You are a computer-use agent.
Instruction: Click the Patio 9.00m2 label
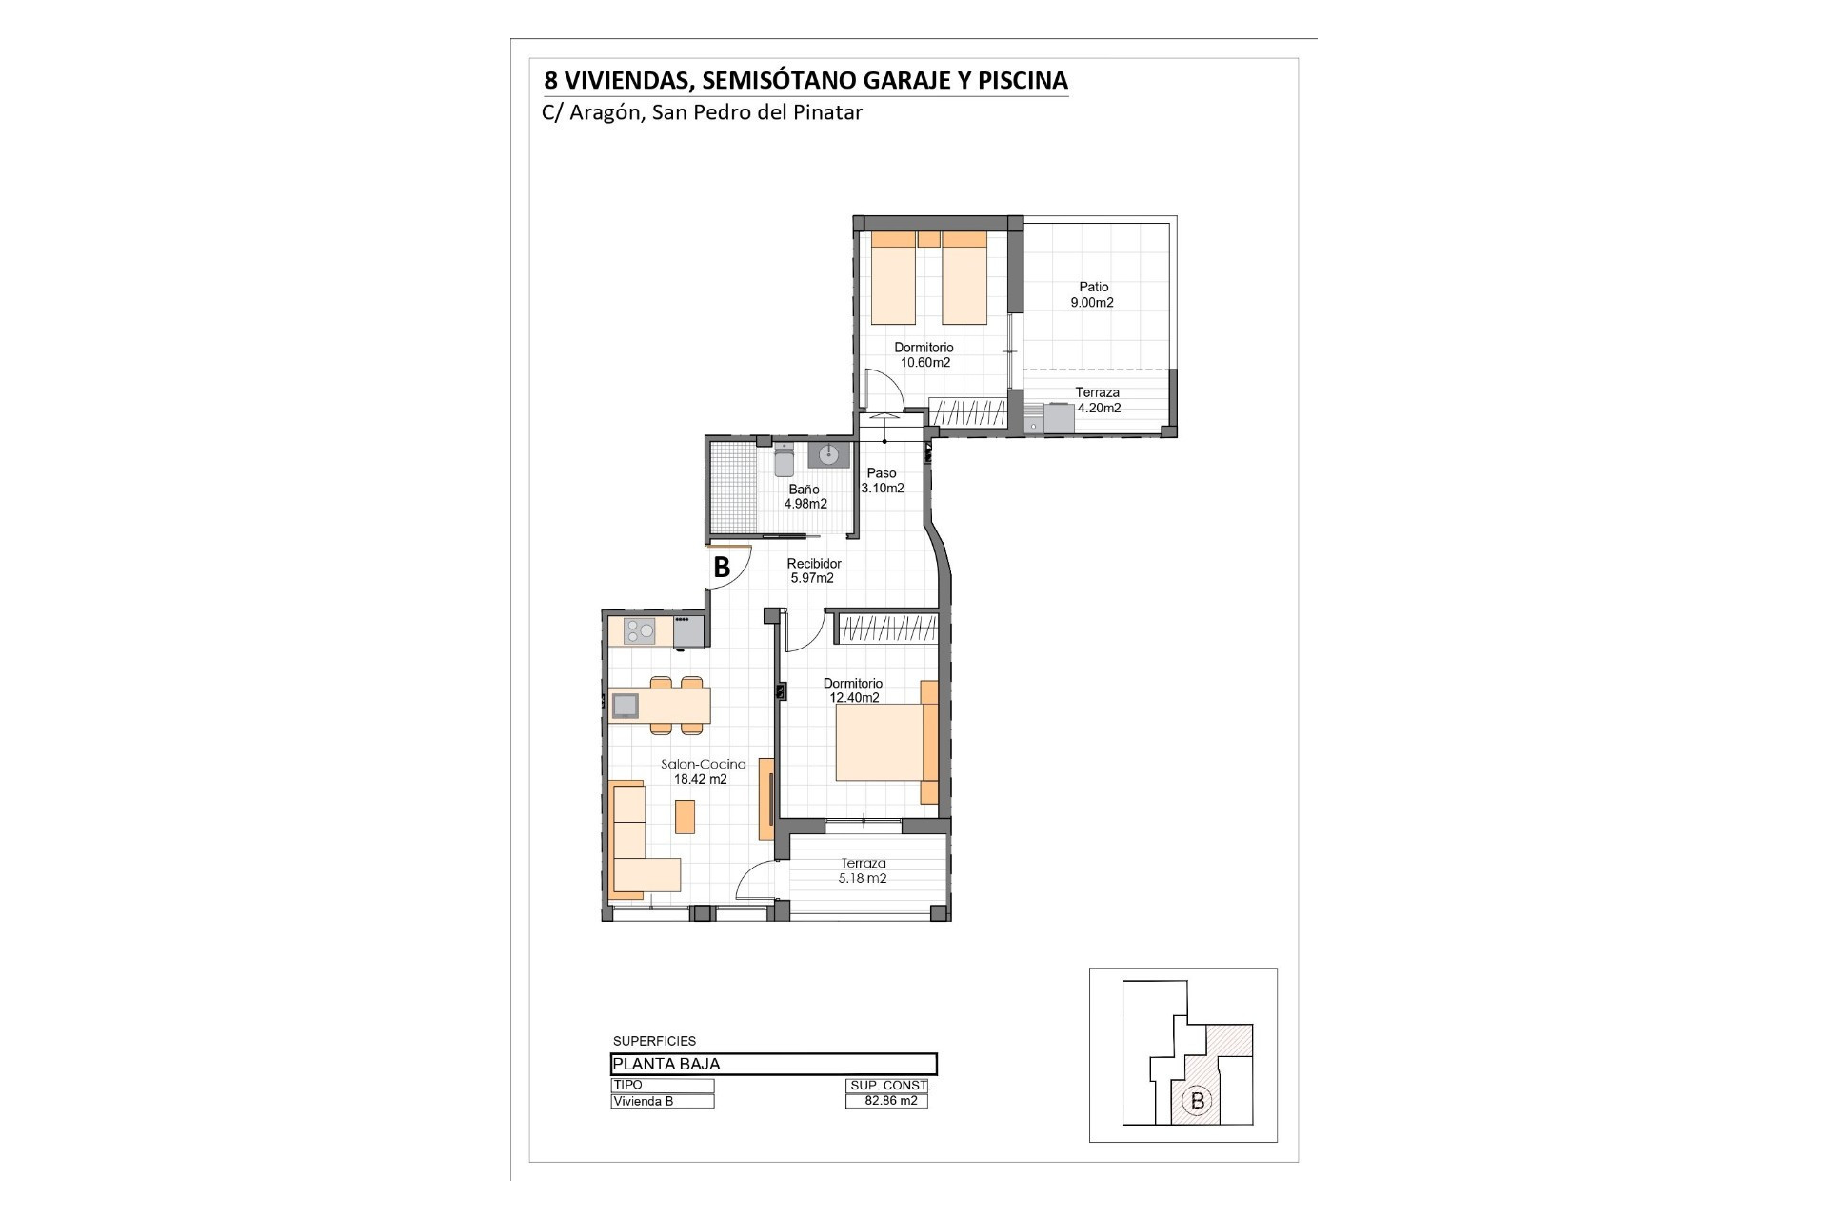[x=1093, y=294]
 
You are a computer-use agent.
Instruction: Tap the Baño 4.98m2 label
[x=805, y=496]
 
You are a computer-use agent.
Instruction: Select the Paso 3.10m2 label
[x=882, y=480]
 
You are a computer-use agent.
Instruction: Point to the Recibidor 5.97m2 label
[x=813, y=570]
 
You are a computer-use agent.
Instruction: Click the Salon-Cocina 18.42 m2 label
[x=703, y=771]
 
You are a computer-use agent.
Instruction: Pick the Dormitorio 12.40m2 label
[x=853, y=690]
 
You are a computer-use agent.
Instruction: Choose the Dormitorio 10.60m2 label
[x=924, y=355]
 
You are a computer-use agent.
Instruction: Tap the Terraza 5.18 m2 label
[x=863, y=871]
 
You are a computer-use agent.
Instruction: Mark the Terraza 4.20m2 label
[x=1098, y=400]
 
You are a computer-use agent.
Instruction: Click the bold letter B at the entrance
[x=722, y=568]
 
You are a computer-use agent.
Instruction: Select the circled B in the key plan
[x=1197, y=1102]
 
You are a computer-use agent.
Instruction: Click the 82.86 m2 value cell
[x=886, y=1101]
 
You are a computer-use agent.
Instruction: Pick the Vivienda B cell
[x=663, y=1101]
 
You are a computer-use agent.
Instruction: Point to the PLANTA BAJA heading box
[x=774, y=1064]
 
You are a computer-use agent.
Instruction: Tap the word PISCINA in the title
[x=1023, y=81]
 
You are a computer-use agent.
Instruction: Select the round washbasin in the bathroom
[x=828, y=454]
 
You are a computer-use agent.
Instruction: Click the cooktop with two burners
[x=640, y=630]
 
